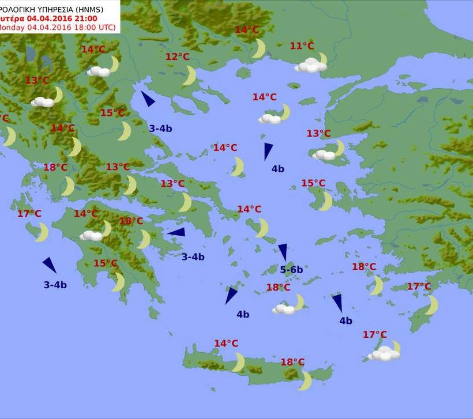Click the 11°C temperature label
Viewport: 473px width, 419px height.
(302, 46)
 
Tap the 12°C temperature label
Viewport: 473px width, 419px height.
(177, 56)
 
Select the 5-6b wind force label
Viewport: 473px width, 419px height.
(291, 269)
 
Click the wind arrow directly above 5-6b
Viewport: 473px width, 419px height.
(283, 252)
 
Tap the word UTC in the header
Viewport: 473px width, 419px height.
(104, 28)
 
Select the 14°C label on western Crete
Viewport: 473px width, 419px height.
(226, 343)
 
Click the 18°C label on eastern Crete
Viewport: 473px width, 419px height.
(292, 362)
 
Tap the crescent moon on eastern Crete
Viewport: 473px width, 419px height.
(306, 380)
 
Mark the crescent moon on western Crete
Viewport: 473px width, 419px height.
(238, 362)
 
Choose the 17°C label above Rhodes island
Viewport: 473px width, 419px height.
(419, 286)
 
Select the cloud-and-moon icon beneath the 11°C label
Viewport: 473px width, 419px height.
(311, 64)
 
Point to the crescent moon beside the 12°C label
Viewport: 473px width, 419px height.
(190, 76)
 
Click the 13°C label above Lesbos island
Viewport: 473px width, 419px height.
(318, 134)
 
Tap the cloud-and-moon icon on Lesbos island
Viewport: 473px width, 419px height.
(328, 151)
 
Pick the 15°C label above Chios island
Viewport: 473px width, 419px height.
(313, 183)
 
